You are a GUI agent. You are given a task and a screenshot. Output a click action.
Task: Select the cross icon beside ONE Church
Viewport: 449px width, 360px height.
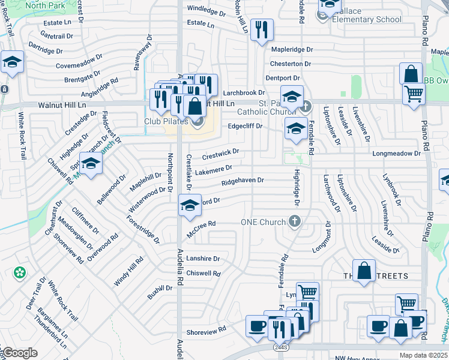294,222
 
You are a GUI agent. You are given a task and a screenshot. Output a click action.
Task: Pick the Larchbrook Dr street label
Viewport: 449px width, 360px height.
244,93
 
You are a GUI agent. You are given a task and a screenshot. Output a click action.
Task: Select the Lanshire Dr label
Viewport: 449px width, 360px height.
203,259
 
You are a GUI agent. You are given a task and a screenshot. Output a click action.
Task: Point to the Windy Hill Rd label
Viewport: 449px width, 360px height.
128,270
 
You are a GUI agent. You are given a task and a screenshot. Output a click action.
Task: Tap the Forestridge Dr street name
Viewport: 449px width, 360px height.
143,230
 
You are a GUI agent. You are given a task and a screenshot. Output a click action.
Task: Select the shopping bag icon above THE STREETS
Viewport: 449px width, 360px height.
364,271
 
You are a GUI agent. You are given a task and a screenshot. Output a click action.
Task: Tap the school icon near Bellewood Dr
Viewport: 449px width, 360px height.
91,164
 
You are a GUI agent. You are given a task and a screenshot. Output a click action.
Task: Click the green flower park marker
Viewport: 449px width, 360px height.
20,273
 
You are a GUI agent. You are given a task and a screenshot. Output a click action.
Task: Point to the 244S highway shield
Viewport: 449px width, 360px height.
280,347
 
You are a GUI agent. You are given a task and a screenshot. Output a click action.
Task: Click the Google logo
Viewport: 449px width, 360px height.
19,353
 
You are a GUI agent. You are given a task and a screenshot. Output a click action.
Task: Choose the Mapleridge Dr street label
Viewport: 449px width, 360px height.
292,49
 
